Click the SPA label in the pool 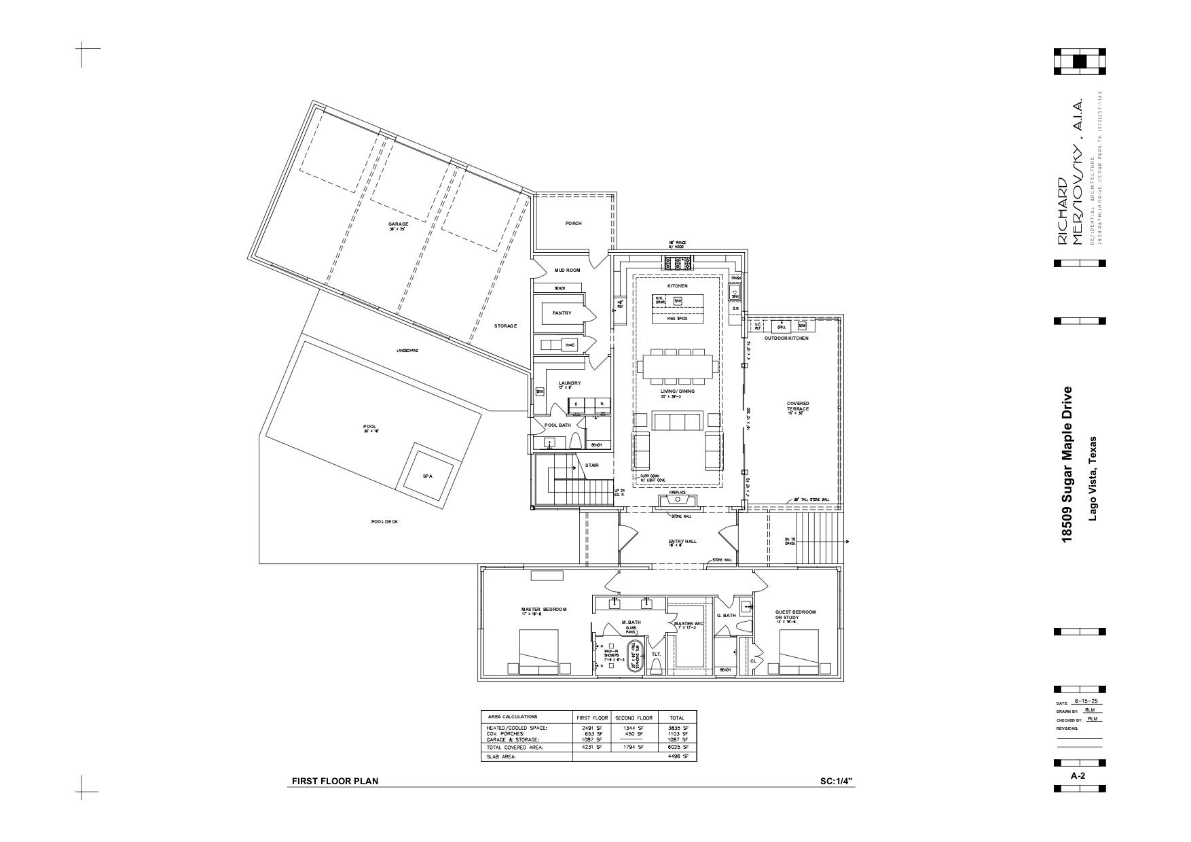(x=427, y=476)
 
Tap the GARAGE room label (x=398, y=225)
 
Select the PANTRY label (x=562, y=313)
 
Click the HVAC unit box (x=569, y=345)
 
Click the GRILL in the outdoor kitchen (x=782, y=327)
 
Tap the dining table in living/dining (x=677, y=366)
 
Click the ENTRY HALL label (x=682, y=542)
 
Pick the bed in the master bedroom (x=539, y=651)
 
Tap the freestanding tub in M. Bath (x=635, y=655)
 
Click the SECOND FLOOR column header (x=634, y=718)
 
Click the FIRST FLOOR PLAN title (x=335, y=782)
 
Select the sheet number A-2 (x=1077, y=775)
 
